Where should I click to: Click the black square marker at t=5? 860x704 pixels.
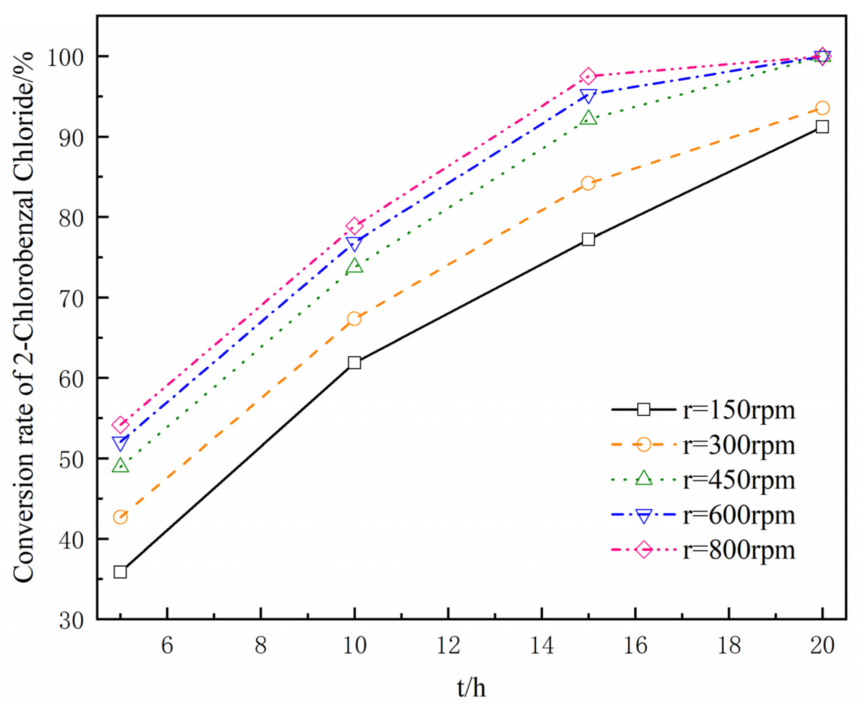pyautogui.click(x=120, y=572)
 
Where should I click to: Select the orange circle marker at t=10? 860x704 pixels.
pyautogui.click(x=354, y=319)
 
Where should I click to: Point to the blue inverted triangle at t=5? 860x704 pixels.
pyautogui.click(x=120, y=443)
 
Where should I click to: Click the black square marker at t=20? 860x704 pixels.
pyautogui.click(x=822, y=127)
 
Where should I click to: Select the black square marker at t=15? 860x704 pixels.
pyautogui.click(x=588, y=239)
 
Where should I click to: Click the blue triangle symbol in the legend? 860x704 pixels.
pyautogui.click(x=644, y=516)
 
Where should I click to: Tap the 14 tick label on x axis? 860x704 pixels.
pyautogui.click(x=542, y=645)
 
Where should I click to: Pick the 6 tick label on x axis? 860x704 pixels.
pyautogui.click(x=167, y=645)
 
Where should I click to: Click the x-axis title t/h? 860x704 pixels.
pyautogui.click(x=471, y=687)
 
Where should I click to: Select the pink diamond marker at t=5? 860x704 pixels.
pyautogui.click(x=120, y=425)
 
